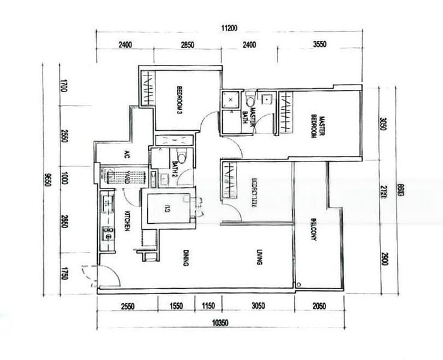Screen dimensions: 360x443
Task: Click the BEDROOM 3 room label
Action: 179,99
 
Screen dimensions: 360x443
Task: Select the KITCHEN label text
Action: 127,221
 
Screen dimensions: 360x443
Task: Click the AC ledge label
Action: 127,154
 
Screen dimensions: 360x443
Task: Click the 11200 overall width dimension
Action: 230,28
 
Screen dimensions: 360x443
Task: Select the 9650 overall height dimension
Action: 46,179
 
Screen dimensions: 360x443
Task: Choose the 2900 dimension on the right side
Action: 384,260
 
